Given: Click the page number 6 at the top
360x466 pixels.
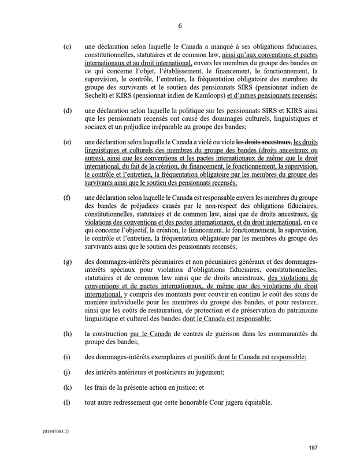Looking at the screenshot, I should tap(180, 26).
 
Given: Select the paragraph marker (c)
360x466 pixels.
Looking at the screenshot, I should tap(68, 46).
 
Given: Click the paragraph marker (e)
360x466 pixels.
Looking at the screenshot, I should tap(68, 142).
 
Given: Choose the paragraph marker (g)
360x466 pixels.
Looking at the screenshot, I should tap(68, 262).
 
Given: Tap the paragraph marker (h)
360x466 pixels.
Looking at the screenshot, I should tap(68, 333).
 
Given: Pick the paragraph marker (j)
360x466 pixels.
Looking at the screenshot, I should tap(68, 372).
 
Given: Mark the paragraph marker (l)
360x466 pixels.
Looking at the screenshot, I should tap(68, 402).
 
